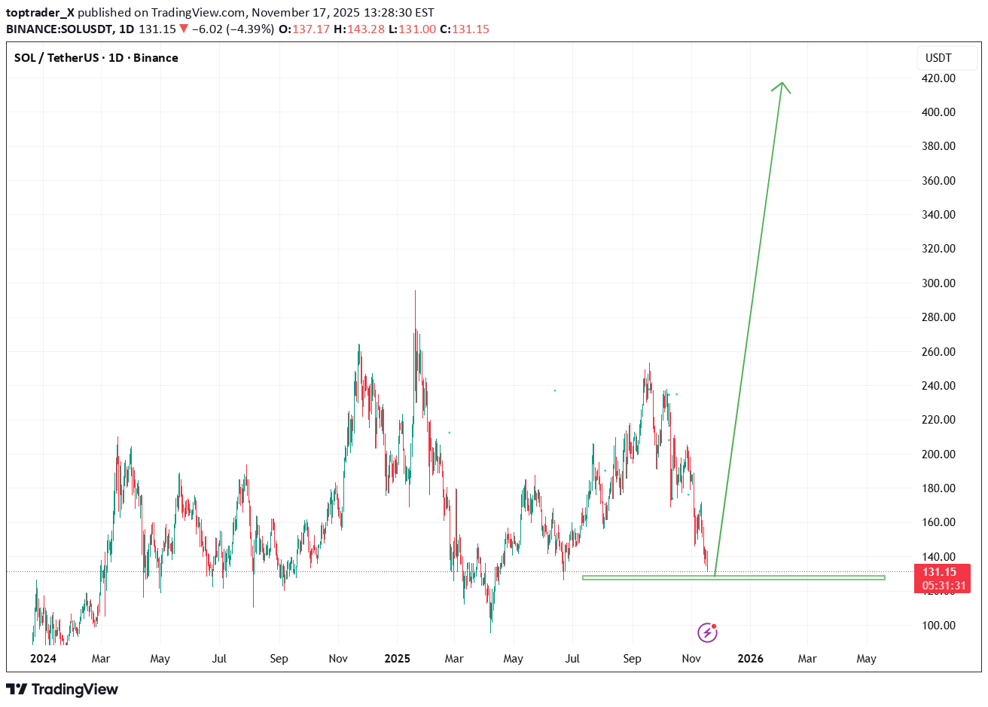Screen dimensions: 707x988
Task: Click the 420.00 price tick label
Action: click(x=938, y=78)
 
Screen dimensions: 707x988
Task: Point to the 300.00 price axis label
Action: click(x=938, y=283)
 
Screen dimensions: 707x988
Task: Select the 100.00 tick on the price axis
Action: click(x=938, y=626)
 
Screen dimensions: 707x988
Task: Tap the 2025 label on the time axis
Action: click(x=397, y=659)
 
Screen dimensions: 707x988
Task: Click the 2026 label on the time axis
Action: click(x=750, y=659)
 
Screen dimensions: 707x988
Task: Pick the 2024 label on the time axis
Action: click(x=43, y=659)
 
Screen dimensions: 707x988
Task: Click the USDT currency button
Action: click(x=938, y=58)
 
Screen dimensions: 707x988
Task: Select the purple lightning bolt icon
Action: click(x=707, y=632)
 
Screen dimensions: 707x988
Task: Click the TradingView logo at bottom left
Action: click(x=63, y=689)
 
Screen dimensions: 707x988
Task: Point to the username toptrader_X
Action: click(x=40, y=12)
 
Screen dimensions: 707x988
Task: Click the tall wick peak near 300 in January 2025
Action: click(x=415, y=292)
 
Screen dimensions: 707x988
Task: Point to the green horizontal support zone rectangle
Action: click(x=733, y=578)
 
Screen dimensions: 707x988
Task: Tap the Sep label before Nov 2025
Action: click(x=632, y=659)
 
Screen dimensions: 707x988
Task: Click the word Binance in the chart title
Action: click(x=156, y=58)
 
